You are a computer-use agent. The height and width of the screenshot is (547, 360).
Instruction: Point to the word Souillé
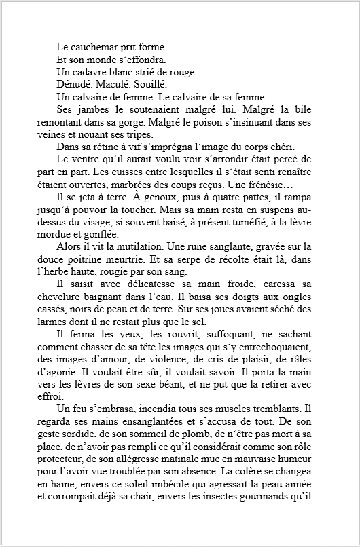coord(147,84)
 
